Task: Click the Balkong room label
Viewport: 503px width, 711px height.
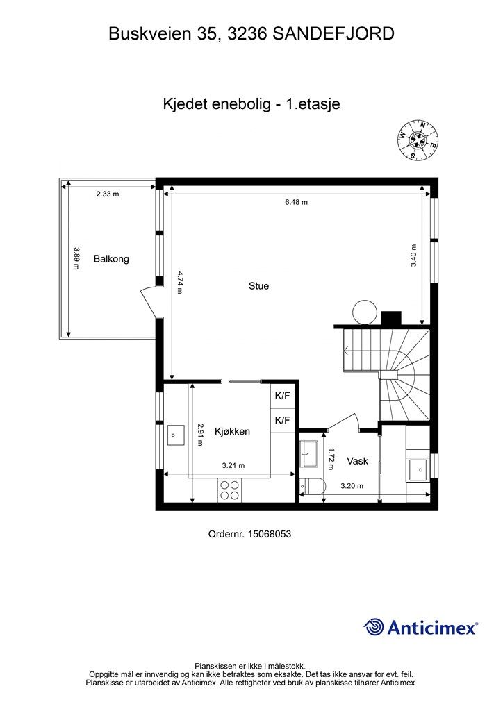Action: point(111,258)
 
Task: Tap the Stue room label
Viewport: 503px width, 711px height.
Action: point(258,285)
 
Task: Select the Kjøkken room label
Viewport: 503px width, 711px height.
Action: point(232,431)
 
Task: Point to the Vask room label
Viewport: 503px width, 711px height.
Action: point(357,460)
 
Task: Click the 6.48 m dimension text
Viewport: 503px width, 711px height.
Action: point(296,202)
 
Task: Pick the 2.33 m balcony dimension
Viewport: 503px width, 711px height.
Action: point(108,194)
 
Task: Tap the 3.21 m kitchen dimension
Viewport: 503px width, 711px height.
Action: point(233,466)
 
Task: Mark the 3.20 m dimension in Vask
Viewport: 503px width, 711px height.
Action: point(352,486)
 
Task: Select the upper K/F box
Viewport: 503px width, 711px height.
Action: point(283,396)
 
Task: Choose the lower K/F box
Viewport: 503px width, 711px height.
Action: point(283,420)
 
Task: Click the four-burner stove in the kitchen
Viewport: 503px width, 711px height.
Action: point(231,490)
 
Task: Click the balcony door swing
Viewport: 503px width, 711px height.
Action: point(149,303)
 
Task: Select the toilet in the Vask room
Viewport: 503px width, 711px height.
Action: point(311,487)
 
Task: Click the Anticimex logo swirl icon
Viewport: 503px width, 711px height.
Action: point(374,627)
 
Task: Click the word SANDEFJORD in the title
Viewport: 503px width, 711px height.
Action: point(334,33)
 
